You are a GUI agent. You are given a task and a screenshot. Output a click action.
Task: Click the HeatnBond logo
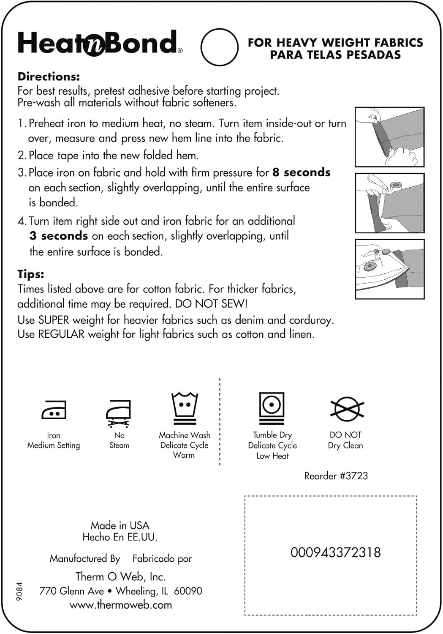(100, 43)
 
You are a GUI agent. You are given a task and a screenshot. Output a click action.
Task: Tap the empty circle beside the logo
(219, 47)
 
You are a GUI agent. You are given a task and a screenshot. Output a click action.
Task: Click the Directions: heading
(49, 77)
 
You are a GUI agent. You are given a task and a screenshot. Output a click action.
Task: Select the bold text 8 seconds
(301, 172)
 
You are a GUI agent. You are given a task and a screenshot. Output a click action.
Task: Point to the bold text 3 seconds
(59, 236)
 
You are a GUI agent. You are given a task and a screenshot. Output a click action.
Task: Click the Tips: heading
(31, 274)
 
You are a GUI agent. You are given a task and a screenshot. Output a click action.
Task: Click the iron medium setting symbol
(54, 410)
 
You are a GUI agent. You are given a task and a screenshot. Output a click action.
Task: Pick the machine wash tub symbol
(185, 408)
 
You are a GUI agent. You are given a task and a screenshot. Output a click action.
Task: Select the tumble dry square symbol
(272, 407)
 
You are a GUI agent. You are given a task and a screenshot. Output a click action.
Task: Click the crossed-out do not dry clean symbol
(347, 409)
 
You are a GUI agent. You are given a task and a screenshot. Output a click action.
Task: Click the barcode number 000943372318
(335, 552)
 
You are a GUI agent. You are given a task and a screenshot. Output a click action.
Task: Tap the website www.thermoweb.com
(121, 605)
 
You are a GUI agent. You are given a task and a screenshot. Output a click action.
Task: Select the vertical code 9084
(19, 591)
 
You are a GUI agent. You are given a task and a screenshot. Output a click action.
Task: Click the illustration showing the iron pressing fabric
(389, 269)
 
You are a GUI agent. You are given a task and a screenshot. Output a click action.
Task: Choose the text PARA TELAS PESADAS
(335, 55)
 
